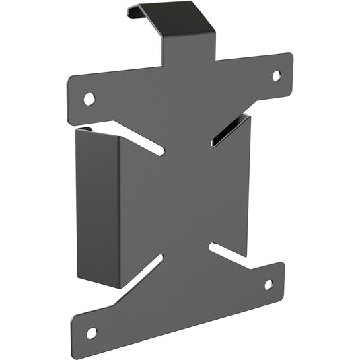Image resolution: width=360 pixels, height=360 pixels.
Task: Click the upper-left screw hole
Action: (x=89, y=99)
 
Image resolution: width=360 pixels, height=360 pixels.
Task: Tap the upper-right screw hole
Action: (x=276, y=75)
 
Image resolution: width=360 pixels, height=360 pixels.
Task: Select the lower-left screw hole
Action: (x=92, y=333)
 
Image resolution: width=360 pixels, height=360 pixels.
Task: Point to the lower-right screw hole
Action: (x=268, y=285)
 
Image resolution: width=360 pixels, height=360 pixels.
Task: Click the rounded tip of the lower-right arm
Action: (x=281, y=279)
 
